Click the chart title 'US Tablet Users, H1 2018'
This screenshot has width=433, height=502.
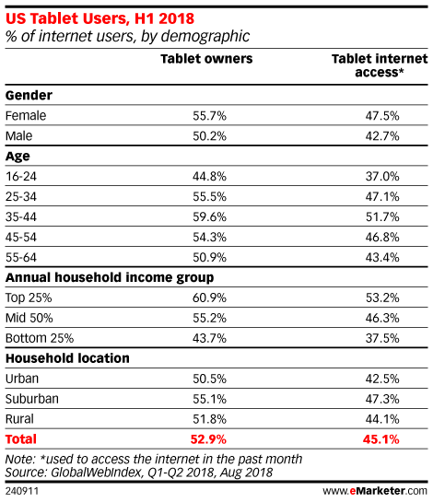(x=99, y=18)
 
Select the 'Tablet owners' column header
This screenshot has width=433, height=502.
(x=206, y=59)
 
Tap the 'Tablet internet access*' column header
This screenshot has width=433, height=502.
(x=380, y=65)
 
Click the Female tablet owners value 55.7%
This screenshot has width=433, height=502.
(x=209, y=115)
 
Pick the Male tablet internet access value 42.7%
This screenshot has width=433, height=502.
(x=382, y=136)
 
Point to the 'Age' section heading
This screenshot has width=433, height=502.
(x=18, y=157)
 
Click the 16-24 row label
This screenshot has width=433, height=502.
(x=21, y=177)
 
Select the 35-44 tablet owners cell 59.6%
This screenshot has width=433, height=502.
(x=209, y=217)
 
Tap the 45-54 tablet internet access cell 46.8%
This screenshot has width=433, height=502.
(x=382, y=238)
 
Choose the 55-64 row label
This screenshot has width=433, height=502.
(x=21, y=257)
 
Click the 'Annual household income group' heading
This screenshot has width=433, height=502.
(x=110, y=278)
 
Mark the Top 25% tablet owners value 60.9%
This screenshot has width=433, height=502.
(x=209, y=298)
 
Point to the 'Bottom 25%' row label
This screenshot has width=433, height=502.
(x=40, y=338)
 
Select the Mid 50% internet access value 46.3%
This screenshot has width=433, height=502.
(x=382, y=318)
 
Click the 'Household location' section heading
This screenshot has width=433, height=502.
(x=67, y=358)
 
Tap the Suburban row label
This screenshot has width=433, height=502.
(x=32, y=399)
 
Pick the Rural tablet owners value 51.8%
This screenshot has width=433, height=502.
(x=209, y=419)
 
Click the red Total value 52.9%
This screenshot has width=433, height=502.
(x=208, y=439)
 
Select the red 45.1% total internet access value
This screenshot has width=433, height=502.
(x=381, y=439)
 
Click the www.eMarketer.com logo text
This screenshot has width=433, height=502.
(x=375, y=491)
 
